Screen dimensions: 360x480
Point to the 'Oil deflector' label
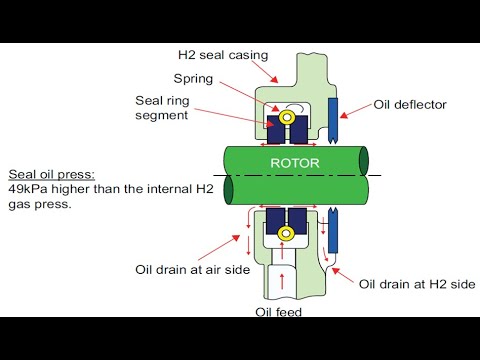click(x=411, y=103)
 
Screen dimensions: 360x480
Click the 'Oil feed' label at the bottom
click(x=277, y=311)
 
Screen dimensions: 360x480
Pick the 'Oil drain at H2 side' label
click(x=417, y=283)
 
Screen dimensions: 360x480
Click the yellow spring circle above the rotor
click(x=287, y=118)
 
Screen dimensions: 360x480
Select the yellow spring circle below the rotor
click(x=287, y=234)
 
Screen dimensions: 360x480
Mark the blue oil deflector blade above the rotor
click(x=333, y=122)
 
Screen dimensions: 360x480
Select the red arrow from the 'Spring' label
click(x=255, y=92)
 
